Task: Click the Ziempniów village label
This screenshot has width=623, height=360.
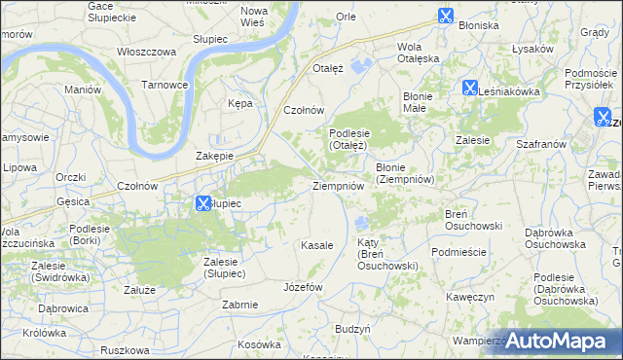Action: [338, 185]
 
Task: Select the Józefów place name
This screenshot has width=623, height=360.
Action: [302, 288]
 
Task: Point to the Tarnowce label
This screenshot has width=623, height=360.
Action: [165, 85]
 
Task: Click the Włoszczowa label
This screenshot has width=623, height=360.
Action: [145, 51]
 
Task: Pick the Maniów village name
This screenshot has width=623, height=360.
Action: [83, 90]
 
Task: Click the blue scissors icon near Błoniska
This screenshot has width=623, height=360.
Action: [445, 16]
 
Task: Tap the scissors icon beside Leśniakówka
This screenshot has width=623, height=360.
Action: [469, 88]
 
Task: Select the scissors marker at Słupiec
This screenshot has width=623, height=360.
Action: [202, 203]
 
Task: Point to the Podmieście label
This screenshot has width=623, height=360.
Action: [458, 251]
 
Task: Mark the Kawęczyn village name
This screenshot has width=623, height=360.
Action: [471, 296]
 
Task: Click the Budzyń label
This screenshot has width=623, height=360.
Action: [352, 330]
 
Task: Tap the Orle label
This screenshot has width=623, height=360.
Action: [346, 17]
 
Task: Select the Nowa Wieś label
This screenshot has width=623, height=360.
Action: [259, 16]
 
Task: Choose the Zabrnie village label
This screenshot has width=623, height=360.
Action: [239, 305]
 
